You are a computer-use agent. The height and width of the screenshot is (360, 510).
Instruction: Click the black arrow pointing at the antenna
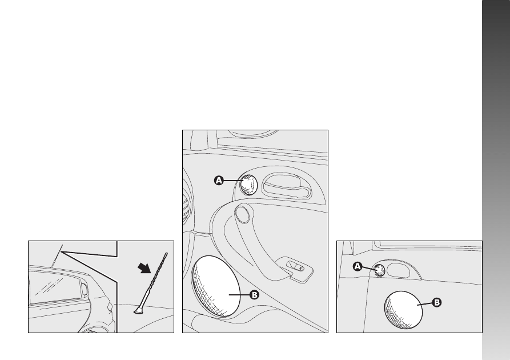(x=144, y=269)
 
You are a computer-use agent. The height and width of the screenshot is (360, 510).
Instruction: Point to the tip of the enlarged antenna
(x=166, y=254)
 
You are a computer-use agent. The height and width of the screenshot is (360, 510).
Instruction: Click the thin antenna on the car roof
(x=57, y=256)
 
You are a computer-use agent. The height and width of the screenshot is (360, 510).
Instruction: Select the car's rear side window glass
(x=54, y=287)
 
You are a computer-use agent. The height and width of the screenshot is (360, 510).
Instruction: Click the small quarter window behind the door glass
(x=85, y=289)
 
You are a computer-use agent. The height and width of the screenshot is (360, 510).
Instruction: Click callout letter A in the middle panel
(x=219, y=181)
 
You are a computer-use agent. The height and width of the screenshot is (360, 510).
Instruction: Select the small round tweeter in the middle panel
(x=249, y=185)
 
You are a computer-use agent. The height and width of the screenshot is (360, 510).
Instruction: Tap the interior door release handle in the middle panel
(x=286, y=186)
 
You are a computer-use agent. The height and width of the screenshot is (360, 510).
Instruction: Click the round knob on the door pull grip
(x=243, y=213)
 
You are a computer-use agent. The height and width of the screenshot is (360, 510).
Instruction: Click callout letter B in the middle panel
(x=254, y=295)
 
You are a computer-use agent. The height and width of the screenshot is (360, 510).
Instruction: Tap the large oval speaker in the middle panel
(x=216, y=286)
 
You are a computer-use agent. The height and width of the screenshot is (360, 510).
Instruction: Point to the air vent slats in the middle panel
(x=186, y=209)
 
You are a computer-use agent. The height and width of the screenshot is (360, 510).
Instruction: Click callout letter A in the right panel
(x=358, y=267)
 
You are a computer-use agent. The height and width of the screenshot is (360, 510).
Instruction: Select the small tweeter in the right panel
(x=380, y=270)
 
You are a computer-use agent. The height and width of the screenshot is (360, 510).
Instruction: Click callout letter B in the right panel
(x=437, y=302)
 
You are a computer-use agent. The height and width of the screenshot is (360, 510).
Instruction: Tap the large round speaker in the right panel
(x=403, y=310)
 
